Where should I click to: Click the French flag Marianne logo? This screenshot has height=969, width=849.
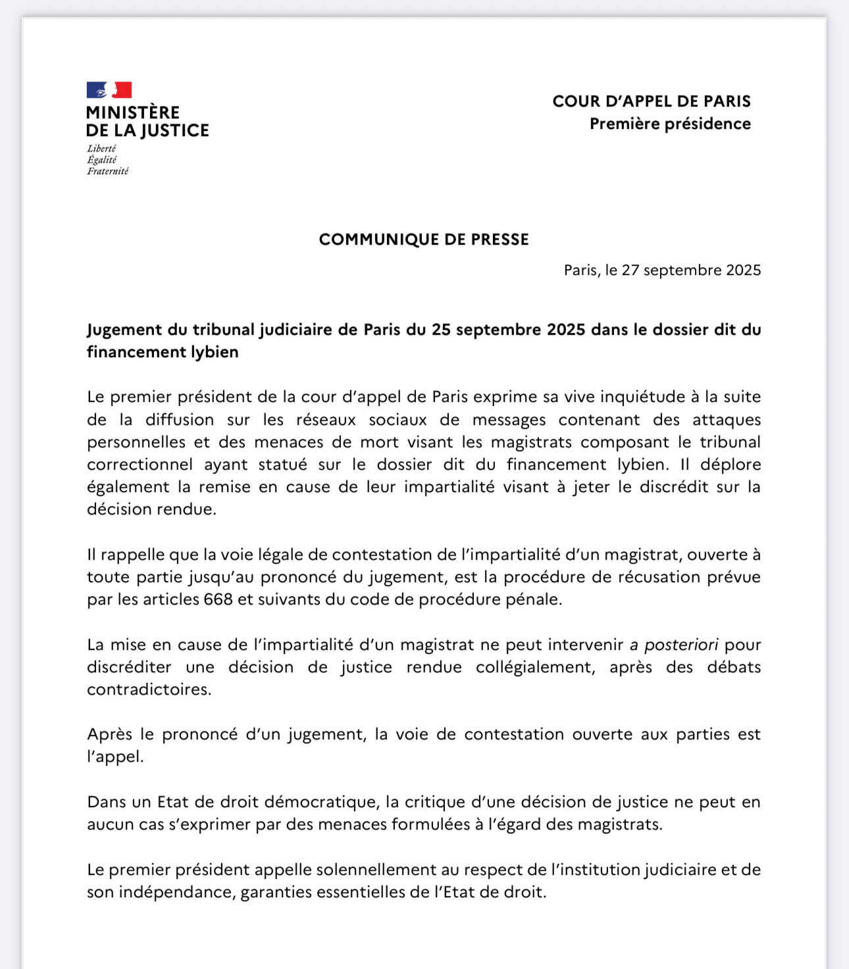pyautogui.click(x=109, y=90)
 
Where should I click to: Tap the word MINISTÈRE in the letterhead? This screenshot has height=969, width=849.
pyautogui.click(x=133, y=112)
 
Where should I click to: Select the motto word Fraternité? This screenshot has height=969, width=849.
pyautogui.click(x=108, y=171)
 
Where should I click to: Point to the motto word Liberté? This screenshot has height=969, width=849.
pyautogui.click(x=101, y=149)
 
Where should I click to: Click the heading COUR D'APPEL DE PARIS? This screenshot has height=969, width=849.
pyautogui.click(x=652, y=101)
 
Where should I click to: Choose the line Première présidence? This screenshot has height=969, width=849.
pyautogui.click(x=670, y=124)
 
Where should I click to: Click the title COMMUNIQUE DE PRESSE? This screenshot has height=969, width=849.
pyautogui.click(x=424, y=239)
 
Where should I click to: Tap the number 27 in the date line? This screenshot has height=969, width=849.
pyautogui.click(x=630, y=270)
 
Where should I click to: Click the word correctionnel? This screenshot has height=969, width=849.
pyautogui.click(x=140, y=464)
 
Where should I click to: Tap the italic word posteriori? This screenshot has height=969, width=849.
pyautogui.click(x=681, y=645)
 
